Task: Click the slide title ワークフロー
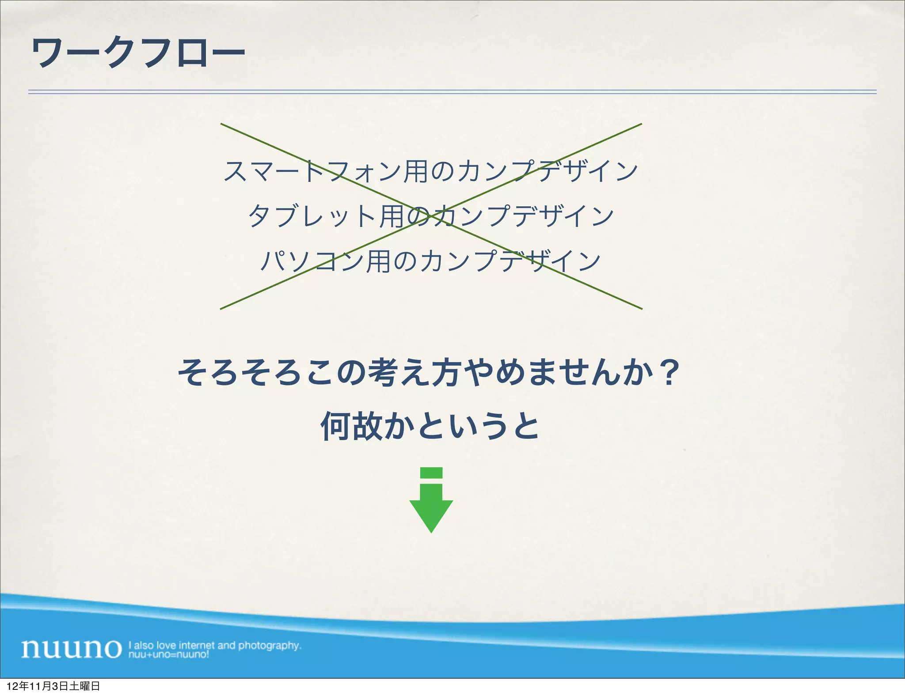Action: click(138, 53)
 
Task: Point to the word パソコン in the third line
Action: click(312, 261)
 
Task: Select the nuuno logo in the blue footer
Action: click(71, 648)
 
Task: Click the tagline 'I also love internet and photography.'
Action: click(215, 645)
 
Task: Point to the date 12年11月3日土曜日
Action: click(53, 686)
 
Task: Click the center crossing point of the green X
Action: click(431, 216)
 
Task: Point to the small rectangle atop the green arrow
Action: click(431, 473)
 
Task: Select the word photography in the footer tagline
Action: click(270, 645)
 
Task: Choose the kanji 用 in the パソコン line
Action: click(378, 261)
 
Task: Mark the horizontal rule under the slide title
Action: click(452, 92)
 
